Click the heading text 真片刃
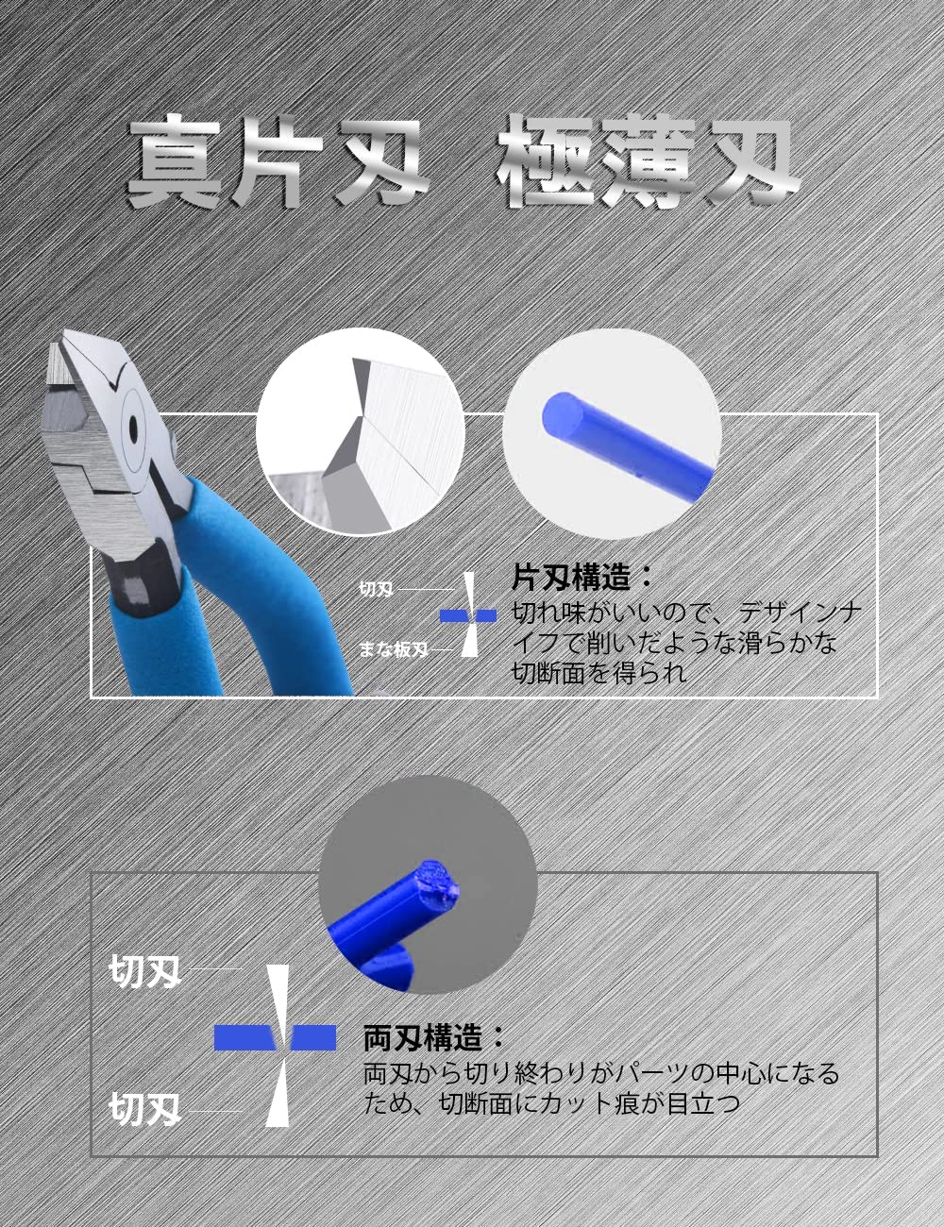pos(277,162)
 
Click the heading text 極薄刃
pos(649,162)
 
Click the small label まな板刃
pos(394,649)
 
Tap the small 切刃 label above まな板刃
pos(377,589)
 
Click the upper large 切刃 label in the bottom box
pos(144,972)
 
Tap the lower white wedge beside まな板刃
pos(468,640)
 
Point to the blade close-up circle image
pos(361,432)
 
